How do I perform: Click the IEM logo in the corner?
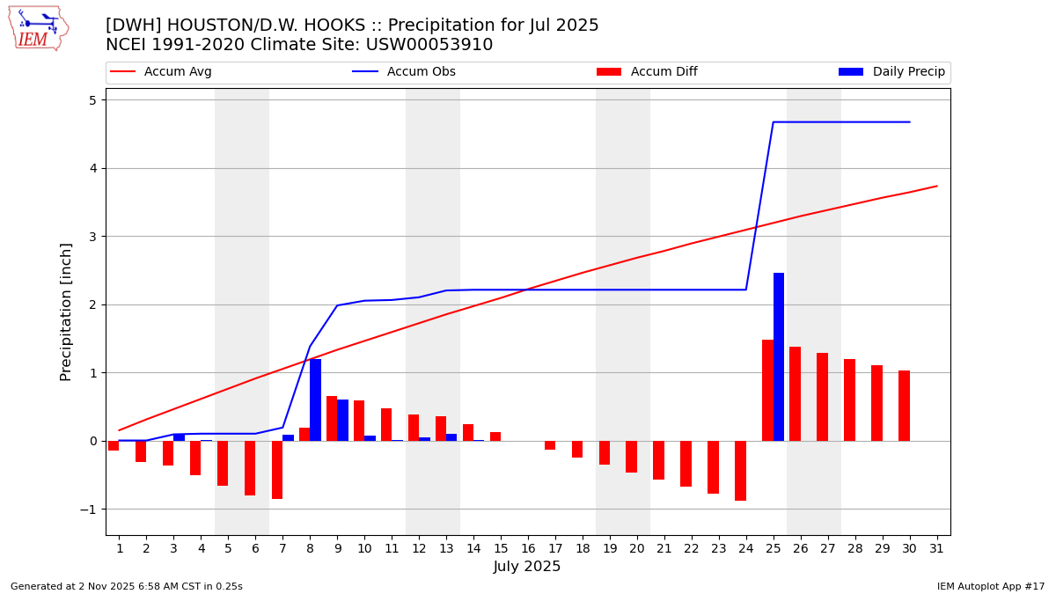click(38, 28)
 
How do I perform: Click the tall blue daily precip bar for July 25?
click(779, 356)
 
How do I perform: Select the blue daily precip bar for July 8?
click(315, 400)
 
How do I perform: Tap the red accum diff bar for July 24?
click(741, 471)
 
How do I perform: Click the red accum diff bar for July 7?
click(277, 470)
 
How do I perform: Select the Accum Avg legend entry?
click(162, 72)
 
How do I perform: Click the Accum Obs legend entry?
click(405, 72)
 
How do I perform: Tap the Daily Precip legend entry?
click(891, 72)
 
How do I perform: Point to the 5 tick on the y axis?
click(92, 100)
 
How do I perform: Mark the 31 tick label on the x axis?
click(936, 548)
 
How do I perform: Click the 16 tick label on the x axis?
click(528, 548)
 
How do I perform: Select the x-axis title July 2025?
click(527, 567)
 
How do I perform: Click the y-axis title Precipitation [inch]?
click(67, 312)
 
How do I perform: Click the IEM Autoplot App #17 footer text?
click(991, 586)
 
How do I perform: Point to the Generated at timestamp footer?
click(127, 586)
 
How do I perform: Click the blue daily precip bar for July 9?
click(342, 420)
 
